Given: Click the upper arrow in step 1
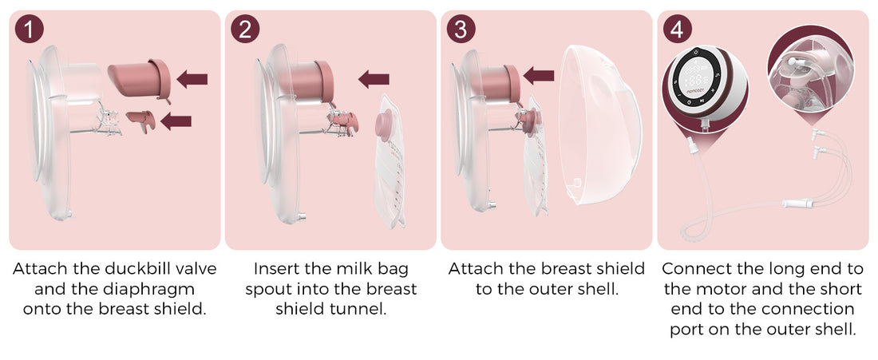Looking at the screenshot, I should coord(192,78).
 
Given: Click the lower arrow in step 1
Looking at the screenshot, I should coord(176,121).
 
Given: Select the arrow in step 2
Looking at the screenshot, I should coord(374,78).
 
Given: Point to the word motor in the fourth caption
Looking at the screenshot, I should coord(693,288).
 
